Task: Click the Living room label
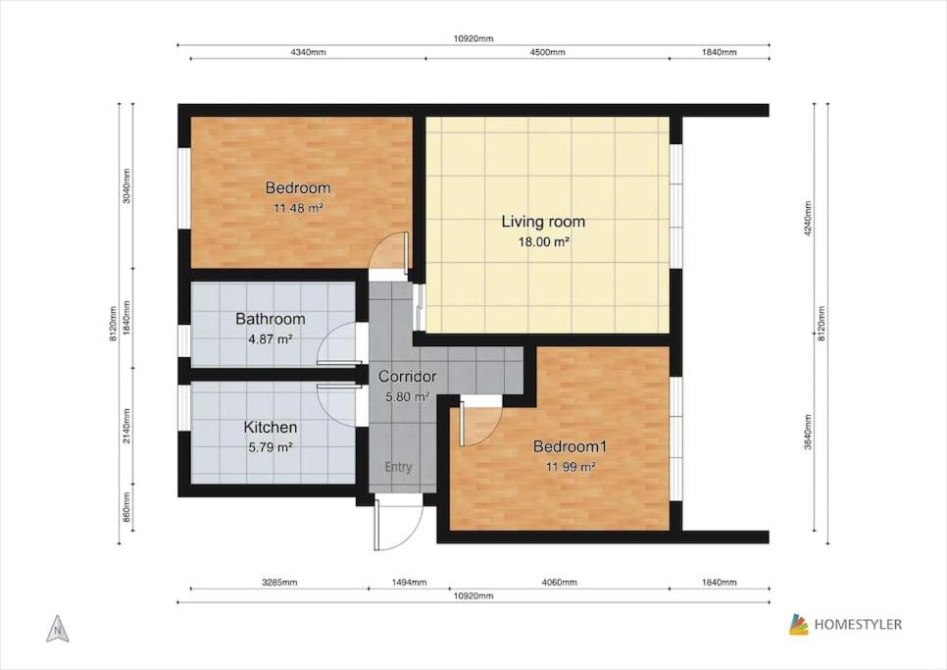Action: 543,222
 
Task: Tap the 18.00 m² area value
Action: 543,242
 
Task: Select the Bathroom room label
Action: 270,319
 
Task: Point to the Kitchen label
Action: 270,427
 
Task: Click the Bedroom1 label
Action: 570,446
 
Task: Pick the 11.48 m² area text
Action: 298,208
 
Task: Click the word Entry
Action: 399,467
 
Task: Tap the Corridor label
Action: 407,377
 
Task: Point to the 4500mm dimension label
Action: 547,52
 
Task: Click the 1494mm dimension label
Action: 409,583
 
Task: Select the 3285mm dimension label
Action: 279,583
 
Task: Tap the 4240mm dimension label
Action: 808,218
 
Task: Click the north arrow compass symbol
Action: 58,629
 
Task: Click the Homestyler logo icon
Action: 798,625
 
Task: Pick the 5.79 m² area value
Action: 270,447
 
